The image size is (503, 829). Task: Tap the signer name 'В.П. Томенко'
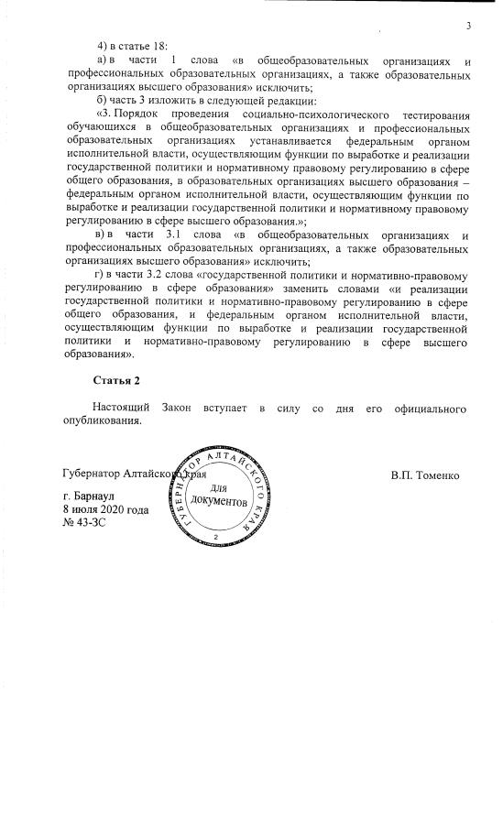pyautogui.click(x=431, y=475)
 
